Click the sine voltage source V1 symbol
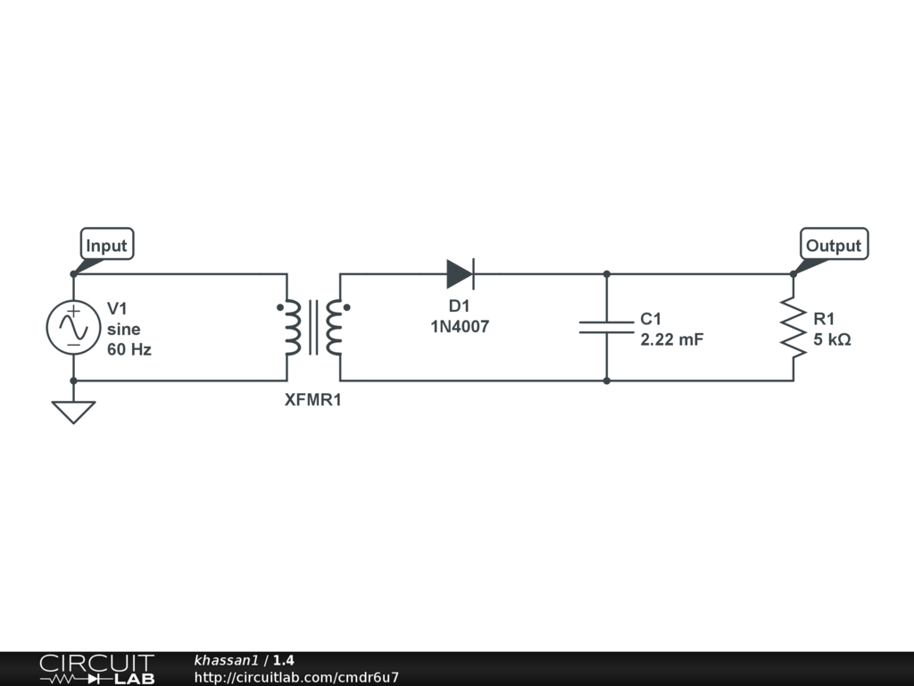pyautogui.click(x=73, y=327)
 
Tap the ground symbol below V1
pyautogui.click(x=73, y=411)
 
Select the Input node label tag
pyautogui.click(x=106, y=245)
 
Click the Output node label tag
pyautogui.click(x=833, y=245)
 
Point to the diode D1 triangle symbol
pyautogui.click(x=460, y=274)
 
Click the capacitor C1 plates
pyautogui.click(x=606, y=327)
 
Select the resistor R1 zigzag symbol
pyautogui.click(x=793, y=327)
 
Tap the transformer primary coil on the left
pyautogui.click(x=291, y=328)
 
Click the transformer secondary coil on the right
pyautogui.click(x=335, y=328)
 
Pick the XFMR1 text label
pyautogui.click(x=312, y=400)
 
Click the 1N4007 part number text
pyautogui.click(x=460, y=327)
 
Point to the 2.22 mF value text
pyautogui.click(x=672, y=339)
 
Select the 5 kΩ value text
pyautogui.click(x=832, y=339)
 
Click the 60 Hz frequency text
pyautogui.click(x=129, y=349)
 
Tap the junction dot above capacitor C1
pyautogui.click(x=606, y=274)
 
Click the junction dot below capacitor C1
pyautogui.click(x=606, y=381)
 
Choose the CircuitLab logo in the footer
pyautogui.click(x=96, y=669)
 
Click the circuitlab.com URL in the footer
pyautogui.click(x=296, y=677)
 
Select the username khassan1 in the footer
pyautogui.click(x=226, y=661)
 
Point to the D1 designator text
pyautogui.click(x=460, y=306)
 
